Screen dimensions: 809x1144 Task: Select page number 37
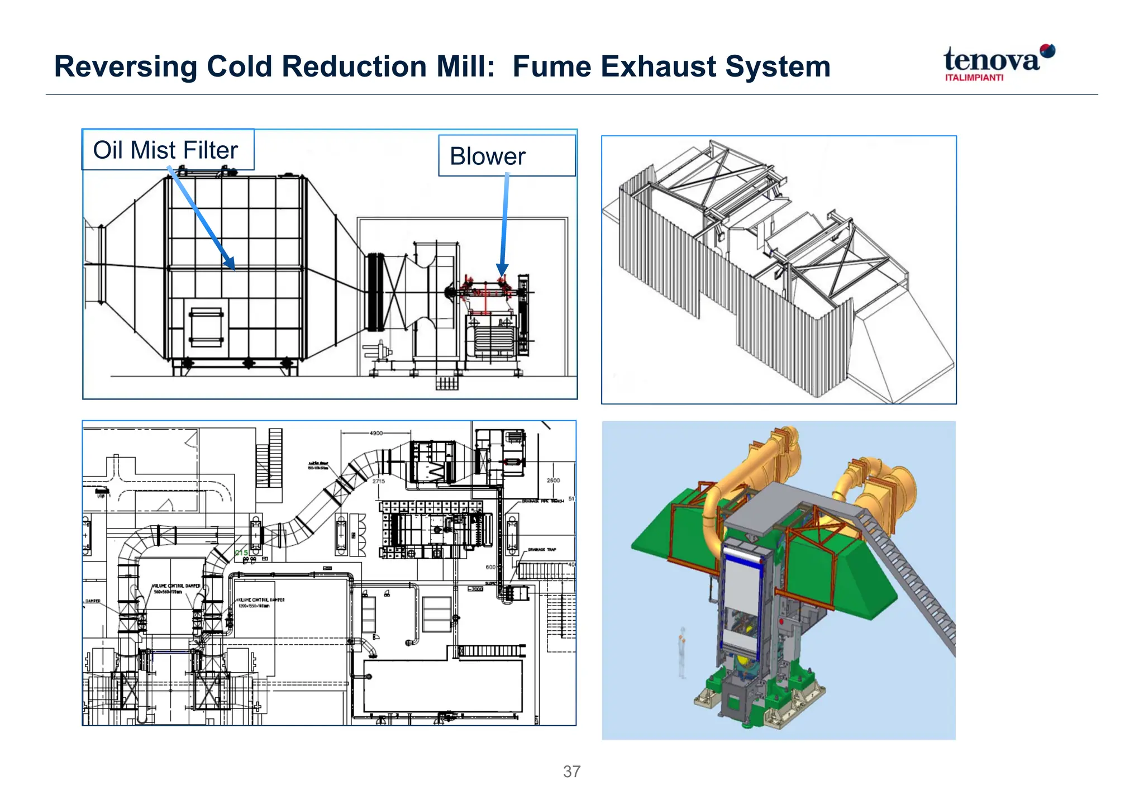[571, 772]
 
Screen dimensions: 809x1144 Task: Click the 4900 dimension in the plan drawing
[376, 433]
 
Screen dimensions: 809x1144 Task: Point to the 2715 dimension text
[378, 481]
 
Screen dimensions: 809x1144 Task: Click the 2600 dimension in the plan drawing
[553, 480]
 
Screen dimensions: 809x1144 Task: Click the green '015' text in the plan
[241, 553]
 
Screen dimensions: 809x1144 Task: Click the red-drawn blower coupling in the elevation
[485, 291]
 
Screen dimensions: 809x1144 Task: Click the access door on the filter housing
[206, 327]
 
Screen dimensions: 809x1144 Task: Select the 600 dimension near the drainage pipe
[490, 567]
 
